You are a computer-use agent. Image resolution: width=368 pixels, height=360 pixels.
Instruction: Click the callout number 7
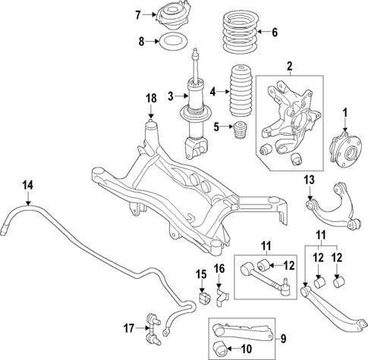click(x=137, y=14)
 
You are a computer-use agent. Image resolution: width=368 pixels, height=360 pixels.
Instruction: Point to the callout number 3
click(x=171, y=95)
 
